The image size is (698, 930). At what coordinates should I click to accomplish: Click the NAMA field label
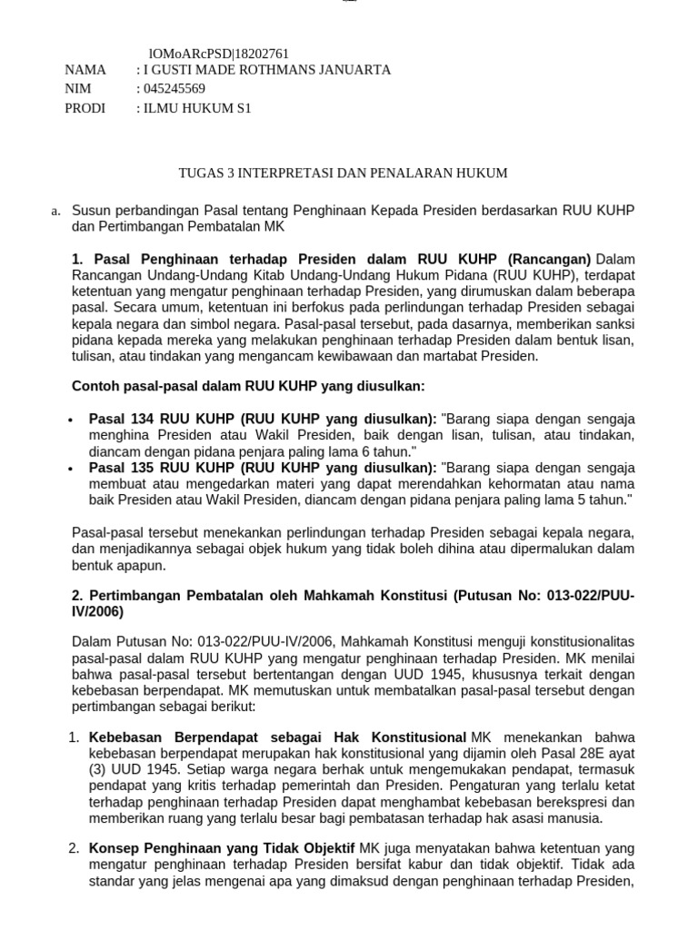point(85,70)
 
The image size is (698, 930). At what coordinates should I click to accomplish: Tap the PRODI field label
point(85,108)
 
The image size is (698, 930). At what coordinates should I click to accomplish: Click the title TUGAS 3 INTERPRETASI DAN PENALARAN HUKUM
point(342,173)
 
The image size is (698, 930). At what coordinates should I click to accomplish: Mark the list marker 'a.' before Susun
point(55,212)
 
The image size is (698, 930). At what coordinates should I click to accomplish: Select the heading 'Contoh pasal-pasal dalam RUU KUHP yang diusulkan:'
point(248,386)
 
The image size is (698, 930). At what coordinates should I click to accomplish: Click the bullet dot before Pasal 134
point(72,420)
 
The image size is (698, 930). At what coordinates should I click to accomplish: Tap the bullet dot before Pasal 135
point(72,469)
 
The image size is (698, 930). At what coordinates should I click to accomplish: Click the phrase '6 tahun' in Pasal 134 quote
point(387,451)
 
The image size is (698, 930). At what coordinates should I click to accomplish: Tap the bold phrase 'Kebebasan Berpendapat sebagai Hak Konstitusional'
point(277,737)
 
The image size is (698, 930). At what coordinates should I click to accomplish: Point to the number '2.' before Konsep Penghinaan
point(75,848)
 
